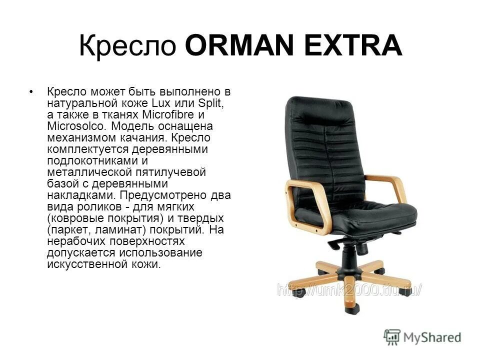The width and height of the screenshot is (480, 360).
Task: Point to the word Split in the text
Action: pos(212,103)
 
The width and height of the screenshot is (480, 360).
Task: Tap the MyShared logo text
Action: pos(432,337)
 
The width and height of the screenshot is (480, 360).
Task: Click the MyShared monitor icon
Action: pos(392,336)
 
